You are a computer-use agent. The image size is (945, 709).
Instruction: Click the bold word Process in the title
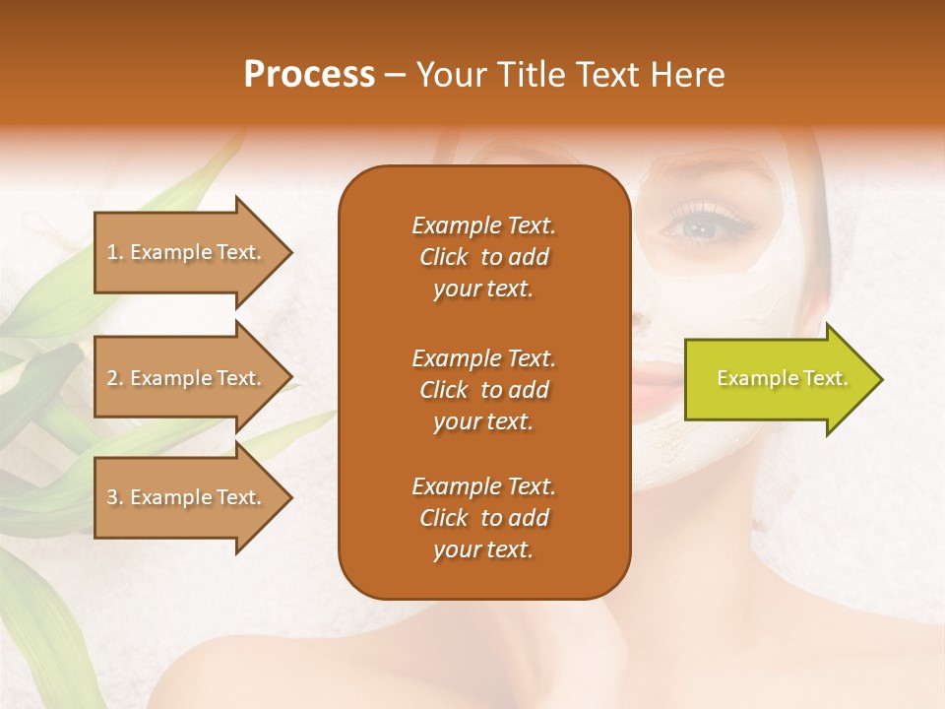[309, 75]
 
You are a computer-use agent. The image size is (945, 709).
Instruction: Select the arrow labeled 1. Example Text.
[187, 252]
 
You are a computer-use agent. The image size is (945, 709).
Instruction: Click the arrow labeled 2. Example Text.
[187, 378]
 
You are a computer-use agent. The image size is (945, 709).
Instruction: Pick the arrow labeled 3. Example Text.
[187, 497]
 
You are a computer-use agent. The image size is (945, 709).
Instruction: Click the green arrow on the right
[778, 379]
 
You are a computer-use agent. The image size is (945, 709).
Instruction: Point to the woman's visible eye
[701, 227]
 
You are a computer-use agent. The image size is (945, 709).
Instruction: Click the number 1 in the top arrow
[111, 252]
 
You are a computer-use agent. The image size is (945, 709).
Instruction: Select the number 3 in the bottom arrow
[112, 497]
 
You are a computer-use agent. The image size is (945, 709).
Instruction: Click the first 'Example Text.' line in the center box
[483, 226]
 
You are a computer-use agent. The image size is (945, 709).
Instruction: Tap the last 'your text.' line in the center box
[483, 550]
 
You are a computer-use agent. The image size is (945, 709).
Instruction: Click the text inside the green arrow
[782, 378]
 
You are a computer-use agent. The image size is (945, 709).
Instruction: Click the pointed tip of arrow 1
[290, 252]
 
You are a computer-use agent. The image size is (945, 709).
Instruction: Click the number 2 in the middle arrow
[112, 378]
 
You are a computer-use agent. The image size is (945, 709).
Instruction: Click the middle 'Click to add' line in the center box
[483, 390]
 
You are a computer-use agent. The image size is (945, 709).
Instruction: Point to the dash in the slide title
[395, 76]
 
